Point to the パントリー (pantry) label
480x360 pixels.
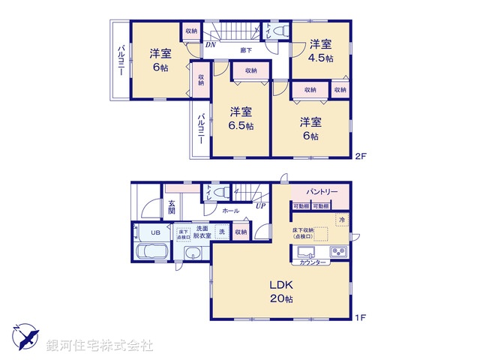coord(321,193)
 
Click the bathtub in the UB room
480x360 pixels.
coord(152,251)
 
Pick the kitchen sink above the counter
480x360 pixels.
coord(307,250)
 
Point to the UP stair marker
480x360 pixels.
coord(260,205)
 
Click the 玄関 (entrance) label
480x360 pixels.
coord(172,207)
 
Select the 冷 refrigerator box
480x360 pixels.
coord(340,220)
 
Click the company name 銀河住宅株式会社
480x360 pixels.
coord(99,346)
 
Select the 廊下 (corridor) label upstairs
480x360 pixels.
coord(245,50)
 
